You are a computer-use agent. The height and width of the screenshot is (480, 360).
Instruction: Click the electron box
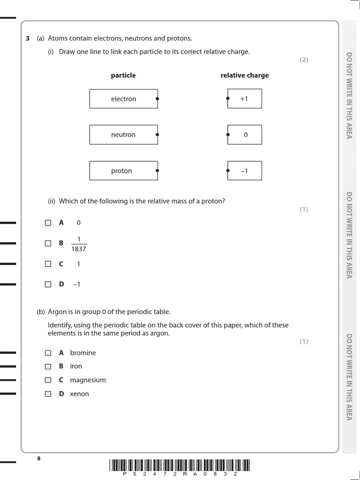pos(124,99)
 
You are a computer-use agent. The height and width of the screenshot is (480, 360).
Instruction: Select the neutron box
pos(124,135)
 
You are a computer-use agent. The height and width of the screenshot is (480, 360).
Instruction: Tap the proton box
pos(124,171)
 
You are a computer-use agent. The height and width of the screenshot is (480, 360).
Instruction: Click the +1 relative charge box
pos(244,98)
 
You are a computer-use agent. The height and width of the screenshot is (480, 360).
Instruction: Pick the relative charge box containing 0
pos(244,135)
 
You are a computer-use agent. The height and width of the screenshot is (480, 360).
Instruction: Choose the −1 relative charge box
pos(244,171)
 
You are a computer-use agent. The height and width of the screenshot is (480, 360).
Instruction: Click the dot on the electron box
pos(157,99)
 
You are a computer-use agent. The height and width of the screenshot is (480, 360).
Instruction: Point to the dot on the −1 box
pos(228,171)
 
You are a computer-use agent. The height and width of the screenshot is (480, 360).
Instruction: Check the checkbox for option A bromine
pos(48,352)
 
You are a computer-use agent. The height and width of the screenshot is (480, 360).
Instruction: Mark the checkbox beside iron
pos(48,366)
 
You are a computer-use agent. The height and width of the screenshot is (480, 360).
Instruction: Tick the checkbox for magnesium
pos(48,380)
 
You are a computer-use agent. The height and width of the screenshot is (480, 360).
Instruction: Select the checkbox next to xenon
pos(48,394)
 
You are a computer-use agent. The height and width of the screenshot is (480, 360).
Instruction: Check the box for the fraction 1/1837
pos(48,243)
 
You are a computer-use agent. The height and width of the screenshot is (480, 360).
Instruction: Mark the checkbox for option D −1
pos(48,284)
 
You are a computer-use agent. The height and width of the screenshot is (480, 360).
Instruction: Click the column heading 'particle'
pos(123,75)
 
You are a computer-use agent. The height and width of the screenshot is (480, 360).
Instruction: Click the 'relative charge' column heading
pos(245,75)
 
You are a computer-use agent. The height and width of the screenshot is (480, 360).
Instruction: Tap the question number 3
pos(28,38)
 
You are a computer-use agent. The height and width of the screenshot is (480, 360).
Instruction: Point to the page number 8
pos(39,458)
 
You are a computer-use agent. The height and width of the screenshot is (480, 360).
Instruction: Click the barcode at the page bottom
pos(180,465)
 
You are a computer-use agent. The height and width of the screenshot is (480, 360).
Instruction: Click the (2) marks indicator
pos(304,60)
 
